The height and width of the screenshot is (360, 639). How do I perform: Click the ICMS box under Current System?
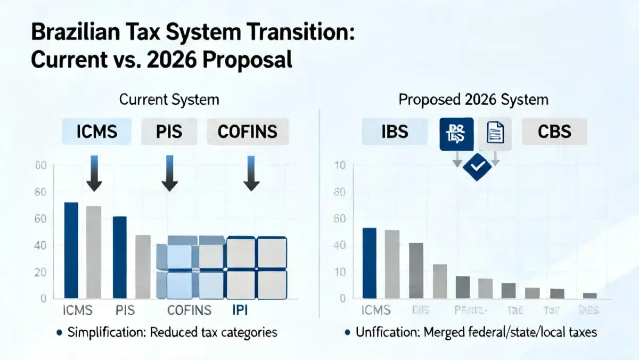[x=96, y=132]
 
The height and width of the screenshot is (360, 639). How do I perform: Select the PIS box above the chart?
[x=169, y=132]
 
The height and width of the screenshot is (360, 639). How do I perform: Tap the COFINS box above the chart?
[x=247, y=132]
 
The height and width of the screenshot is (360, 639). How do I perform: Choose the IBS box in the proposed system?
[x=395, y=132]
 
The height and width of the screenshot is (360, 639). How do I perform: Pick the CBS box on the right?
[x=554, y=132]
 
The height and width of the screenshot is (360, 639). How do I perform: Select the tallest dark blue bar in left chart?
[x=71, y=250]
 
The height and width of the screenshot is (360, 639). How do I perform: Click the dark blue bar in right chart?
[x=369, y=263]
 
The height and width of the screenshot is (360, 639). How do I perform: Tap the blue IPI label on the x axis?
[x=240, y=310]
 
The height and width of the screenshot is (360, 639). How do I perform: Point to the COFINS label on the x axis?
[x=189, y=310]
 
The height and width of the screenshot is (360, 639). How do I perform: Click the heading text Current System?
[x=169, y=100]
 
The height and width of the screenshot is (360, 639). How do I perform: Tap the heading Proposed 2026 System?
[x=473, y=100]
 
